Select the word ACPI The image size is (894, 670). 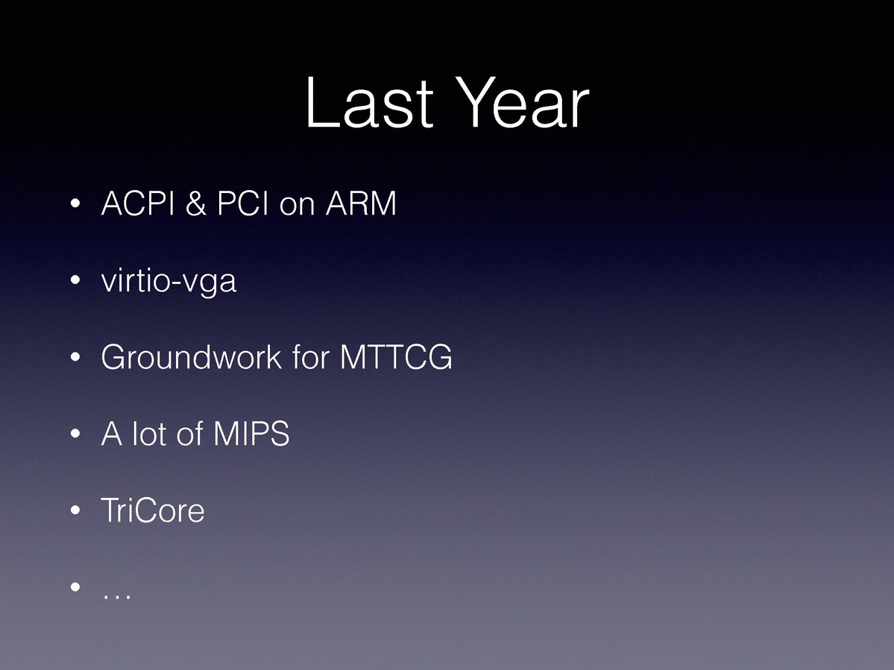pyautogui.click(x=137, y=203)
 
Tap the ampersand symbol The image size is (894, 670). pyautogui.click(x=195, y=203)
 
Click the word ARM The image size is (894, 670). pyautogui.click(x=361, y=203)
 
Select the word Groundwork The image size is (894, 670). pyautogui.click(x=191, y=357)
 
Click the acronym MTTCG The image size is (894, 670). pyautogui.click(x=396, y=357)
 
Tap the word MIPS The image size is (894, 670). pyautogui.click(x=251, y=434)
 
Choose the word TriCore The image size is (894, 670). pyautogui.click(x=152, y=510)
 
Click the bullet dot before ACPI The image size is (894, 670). pyautogui.click(x=75, y=203)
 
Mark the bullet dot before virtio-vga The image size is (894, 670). pyautogui.click(x=75, y=280)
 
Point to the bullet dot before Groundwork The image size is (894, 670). pyautogui.click(x=75, y=357)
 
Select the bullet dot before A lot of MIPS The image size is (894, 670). pyautogui.click(x=75, y=434)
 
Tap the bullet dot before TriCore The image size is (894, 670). pyautogui.click(x=75, y=511)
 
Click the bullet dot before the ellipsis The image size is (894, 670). pyautogui.click(x=75, y=587)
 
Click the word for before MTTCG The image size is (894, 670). pyautogui.click(x=311, y=357)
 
